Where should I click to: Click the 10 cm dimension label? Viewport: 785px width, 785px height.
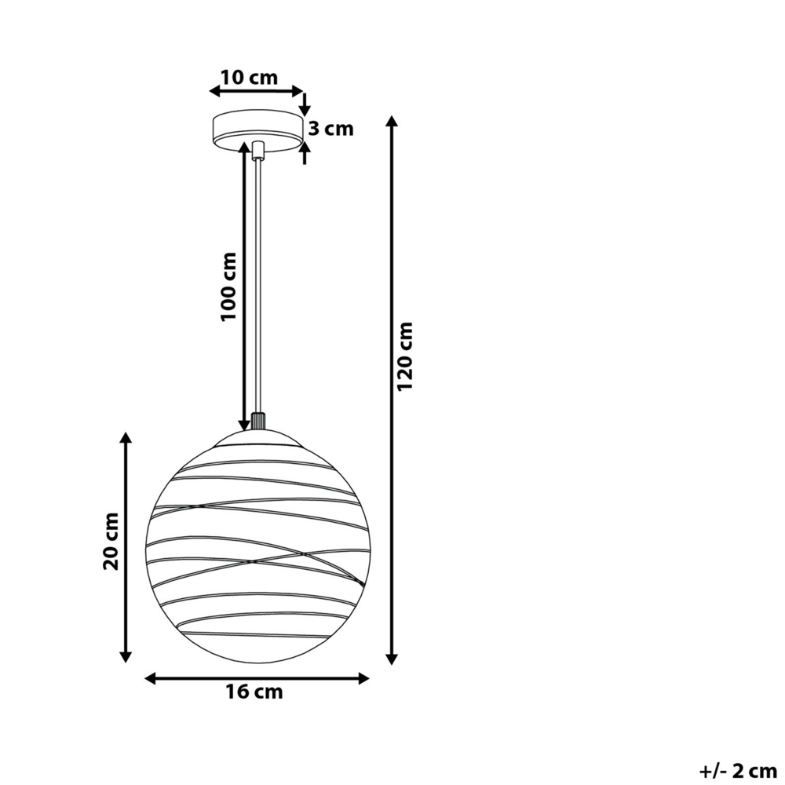pyautogui.click(x=249, y=78)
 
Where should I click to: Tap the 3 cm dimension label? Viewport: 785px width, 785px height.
pyautogui.click(x=330, y=130)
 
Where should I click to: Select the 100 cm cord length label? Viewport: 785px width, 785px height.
pyautogui.click(x=228, y=287)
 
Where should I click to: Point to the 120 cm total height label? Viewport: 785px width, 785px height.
pyautogui.click(x=404, y=357)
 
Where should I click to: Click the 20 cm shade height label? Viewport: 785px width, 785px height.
pyautogui.click(x=111, y=541)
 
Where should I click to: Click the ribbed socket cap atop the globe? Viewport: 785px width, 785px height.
pyautogui.click(x=257, y=422)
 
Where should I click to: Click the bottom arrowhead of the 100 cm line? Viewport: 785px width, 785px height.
pyautogui.click(x=244, y=425)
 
